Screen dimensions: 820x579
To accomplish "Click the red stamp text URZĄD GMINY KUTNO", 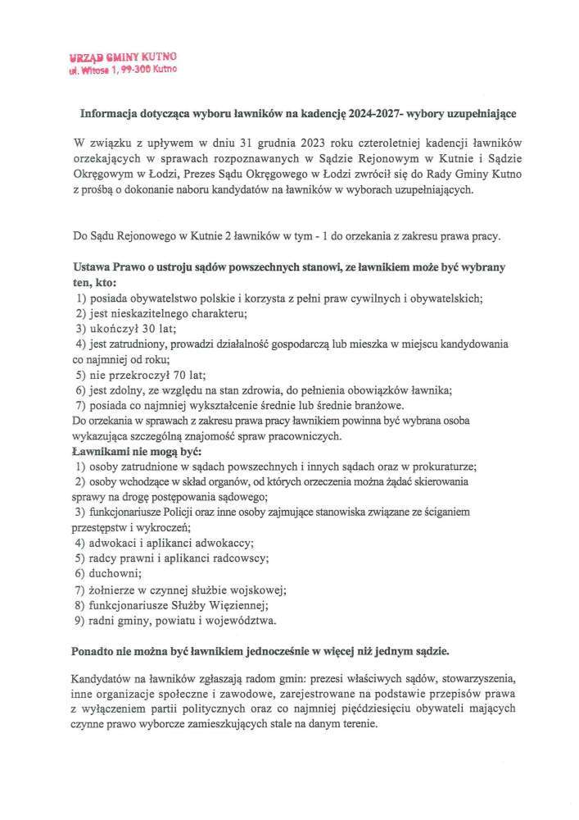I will [x=122, y=58].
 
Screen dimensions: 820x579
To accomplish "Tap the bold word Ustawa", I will [x=94, y=267].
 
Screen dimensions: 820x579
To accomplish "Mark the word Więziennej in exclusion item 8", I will [x=239, y=604].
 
